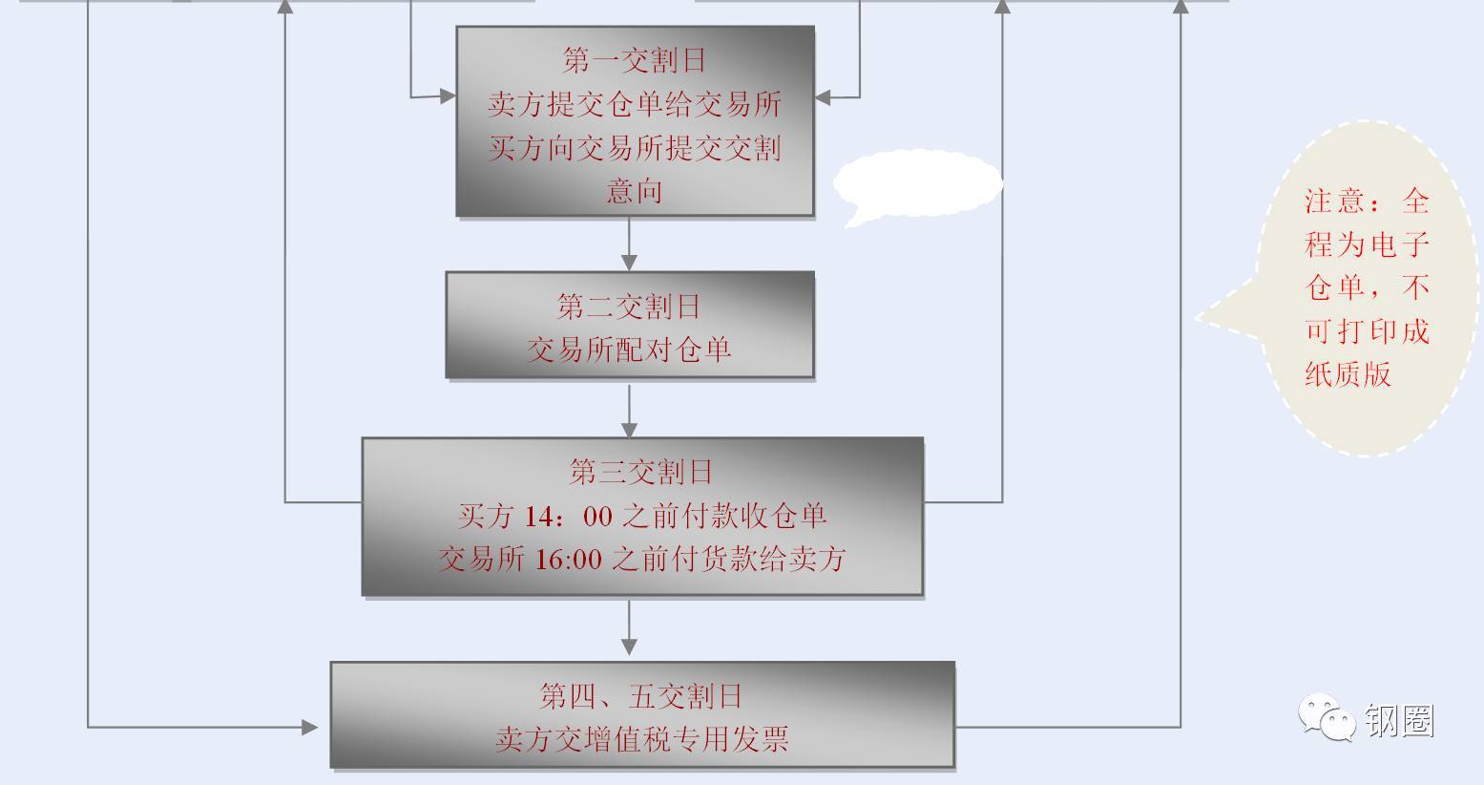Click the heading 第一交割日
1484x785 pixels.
635,61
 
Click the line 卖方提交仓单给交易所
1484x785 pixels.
635,104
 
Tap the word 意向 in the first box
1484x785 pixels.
635,191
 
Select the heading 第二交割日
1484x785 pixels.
629,307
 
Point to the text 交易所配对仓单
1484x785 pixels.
629,350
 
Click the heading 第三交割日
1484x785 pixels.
641,472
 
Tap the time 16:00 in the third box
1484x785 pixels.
568,560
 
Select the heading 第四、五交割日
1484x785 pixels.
641,696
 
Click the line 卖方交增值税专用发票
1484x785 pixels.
641,739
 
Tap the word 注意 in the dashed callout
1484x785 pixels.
1333,202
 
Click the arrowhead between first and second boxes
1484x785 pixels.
629,262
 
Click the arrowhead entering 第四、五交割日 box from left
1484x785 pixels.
310,728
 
